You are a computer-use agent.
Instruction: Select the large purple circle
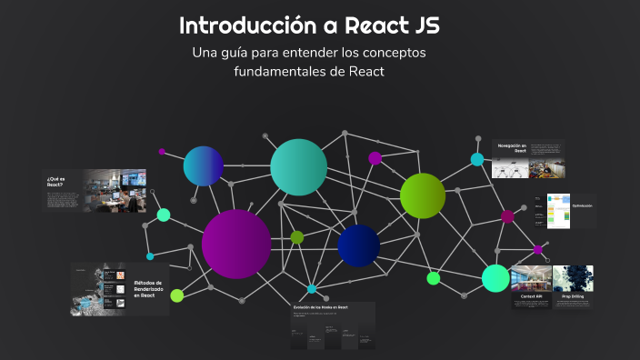(236, 244)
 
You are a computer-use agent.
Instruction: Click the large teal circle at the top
(298, 167)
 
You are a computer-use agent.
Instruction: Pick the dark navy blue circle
(358, 245)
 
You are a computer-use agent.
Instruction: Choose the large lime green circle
(423, 195)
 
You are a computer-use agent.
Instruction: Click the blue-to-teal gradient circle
(204, 166)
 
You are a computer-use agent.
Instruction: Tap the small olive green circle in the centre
(297, 237)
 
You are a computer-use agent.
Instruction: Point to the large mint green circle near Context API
(495, 278)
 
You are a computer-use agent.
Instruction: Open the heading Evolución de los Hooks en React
(319, 308)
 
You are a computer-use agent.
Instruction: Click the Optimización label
(582, 206)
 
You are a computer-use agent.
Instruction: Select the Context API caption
(532, 296)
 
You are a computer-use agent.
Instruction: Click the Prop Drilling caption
(573, 296)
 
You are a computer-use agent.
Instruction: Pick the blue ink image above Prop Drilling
(573, 277)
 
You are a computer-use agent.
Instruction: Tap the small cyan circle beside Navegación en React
(477, 159)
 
